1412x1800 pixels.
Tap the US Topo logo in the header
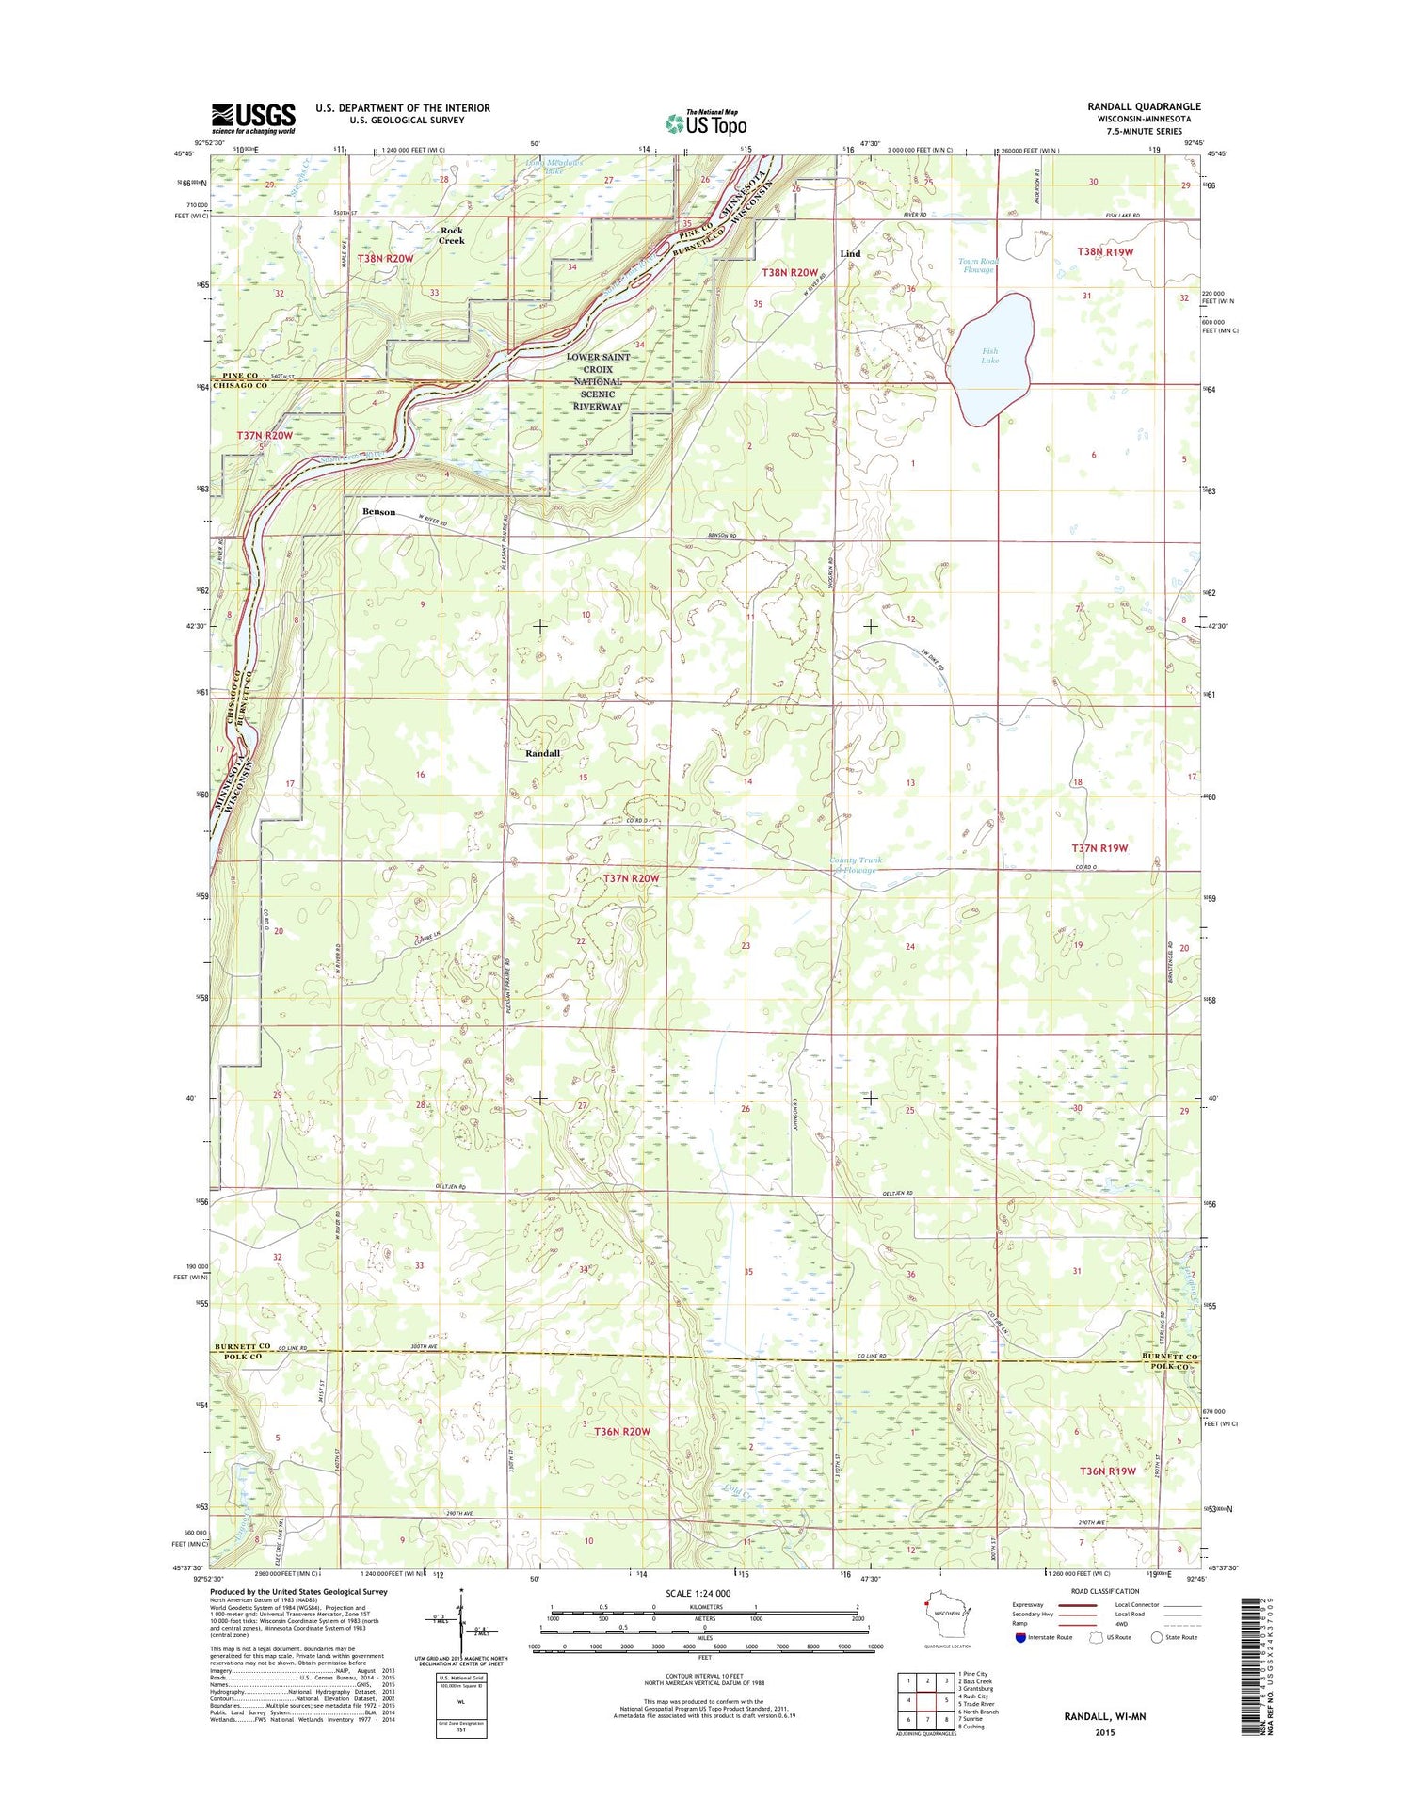(706, 123)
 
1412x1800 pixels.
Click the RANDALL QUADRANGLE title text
(1143, 107)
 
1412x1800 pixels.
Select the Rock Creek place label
(451, 235)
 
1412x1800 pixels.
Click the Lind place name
(850, 254)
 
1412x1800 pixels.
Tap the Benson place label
(378, 512)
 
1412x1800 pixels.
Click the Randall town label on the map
(542, 753)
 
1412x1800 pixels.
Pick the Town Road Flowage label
(977, 265)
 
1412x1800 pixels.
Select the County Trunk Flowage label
(856, 864)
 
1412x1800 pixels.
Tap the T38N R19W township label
(1105, 252)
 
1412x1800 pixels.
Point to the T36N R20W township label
(616, 1431)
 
